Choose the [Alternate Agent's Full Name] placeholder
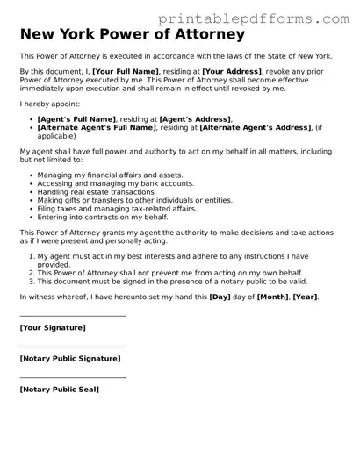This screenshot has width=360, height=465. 97,127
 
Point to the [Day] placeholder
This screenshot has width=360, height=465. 220,297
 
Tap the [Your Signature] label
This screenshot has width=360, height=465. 53,327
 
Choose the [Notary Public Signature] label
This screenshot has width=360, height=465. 70,358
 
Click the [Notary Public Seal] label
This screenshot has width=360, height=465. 60,389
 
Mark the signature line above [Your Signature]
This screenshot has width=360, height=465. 73,316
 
